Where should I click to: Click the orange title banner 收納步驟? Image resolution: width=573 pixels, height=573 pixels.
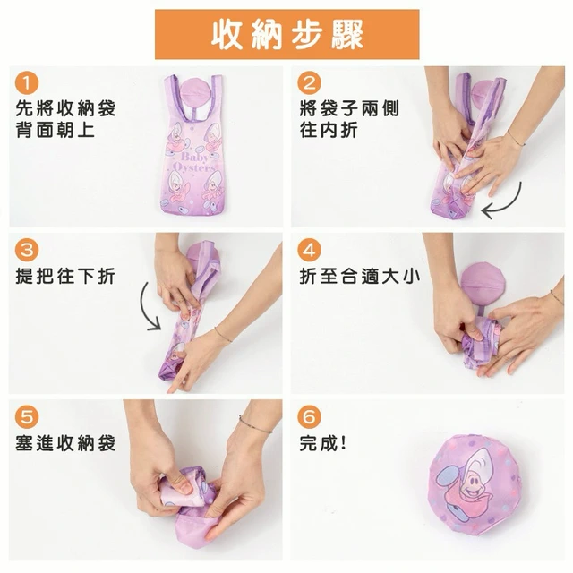coord(286,34)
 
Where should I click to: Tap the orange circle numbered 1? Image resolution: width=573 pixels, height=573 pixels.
coord(27,83)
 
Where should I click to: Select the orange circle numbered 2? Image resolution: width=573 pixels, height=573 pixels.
coord(309,83)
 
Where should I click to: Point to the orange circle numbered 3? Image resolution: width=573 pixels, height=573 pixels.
coord(27,251)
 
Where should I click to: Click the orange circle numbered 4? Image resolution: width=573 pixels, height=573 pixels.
coord(309,251)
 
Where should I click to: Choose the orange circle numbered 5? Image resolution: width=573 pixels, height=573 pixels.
coord(27,417)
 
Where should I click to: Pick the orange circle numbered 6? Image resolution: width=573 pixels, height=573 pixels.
coord(309,417)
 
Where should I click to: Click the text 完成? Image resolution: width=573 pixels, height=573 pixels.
coord(322,443)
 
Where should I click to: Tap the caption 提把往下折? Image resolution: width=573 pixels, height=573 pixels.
coord(65,277)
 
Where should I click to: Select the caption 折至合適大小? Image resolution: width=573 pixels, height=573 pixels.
coord(360,277)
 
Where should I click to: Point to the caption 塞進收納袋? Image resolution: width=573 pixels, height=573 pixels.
coord(65,443)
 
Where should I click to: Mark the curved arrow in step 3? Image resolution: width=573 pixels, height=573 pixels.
coord(143,307)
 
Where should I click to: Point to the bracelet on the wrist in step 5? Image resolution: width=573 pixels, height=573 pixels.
coord(255,425)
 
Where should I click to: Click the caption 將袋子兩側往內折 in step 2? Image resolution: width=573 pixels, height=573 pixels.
coord(349,119)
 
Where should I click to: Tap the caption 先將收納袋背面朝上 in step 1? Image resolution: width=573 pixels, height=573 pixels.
coord(65,119)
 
